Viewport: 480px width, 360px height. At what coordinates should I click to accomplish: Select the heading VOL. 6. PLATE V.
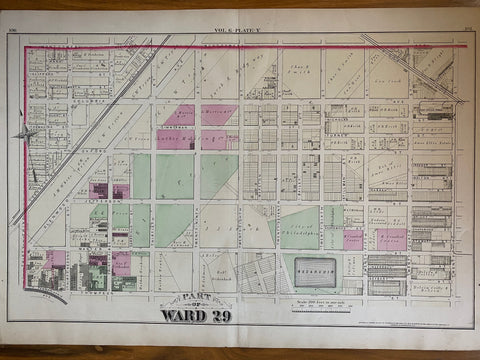[x=238, y=32]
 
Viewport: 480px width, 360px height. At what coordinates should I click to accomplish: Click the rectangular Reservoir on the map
[x=317, y=270]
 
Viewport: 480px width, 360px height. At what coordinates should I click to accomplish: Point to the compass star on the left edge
[x=25, y=133]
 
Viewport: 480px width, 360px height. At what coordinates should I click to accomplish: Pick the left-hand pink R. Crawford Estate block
[x=353, y=239]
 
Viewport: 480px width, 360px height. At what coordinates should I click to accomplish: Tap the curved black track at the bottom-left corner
[x=45, y=296]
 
